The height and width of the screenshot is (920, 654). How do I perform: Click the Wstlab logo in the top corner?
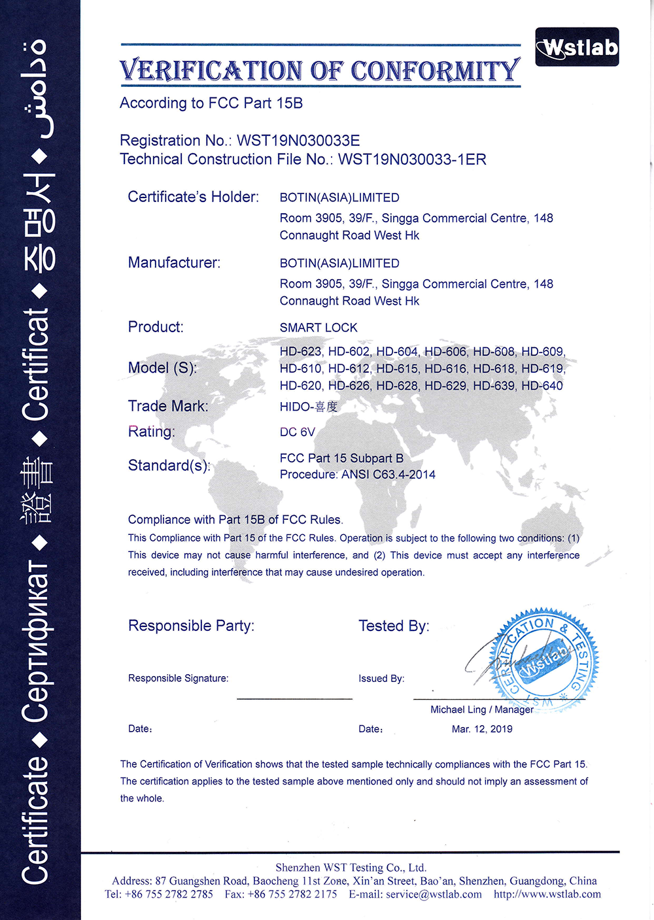pos(577,47)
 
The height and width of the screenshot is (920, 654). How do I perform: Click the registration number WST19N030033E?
pos(298,141)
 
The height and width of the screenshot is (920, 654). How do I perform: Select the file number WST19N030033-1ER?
pos(412,160)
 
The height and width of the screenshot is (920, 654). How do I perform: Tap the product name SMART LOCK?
pos(318,328)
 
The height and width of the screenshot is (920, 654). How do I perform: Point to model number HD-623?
pos(301,352)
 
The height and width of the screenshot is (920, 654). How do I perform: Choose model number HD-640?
pos(542,386)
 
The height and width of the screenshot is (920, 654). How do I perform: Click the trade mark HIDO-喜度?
pos(309,407)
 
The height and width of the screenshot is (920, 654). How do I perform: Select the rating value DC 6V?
pos(298,432)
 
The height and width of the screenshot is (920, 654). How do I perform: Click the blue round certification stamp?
pos(545,660)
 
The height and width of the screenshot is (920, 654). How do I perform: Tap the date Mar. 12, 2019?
pos(482,729)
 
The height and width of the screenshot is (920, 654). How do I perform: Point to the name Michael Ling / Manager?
pos(482,710)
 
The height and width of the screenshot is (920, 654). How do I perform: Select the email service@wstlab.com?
pos(434,894)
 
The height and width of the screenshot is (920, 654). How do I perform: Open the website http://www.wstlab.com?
pos(547,894)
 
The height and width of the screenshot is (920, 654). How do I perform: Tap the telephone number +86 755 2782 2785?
pos(169,894)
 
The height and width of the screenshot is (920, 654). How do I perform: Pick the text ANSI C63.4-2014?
pos(388,475)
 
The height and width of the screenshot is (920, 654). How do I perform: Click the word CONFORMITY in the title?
pos(435,71)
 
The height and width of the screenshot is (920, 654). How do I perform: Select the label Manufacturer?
pos(174,263)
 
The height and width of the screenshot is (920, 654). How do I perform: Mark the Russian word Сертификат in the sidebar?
pos(36,641)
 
